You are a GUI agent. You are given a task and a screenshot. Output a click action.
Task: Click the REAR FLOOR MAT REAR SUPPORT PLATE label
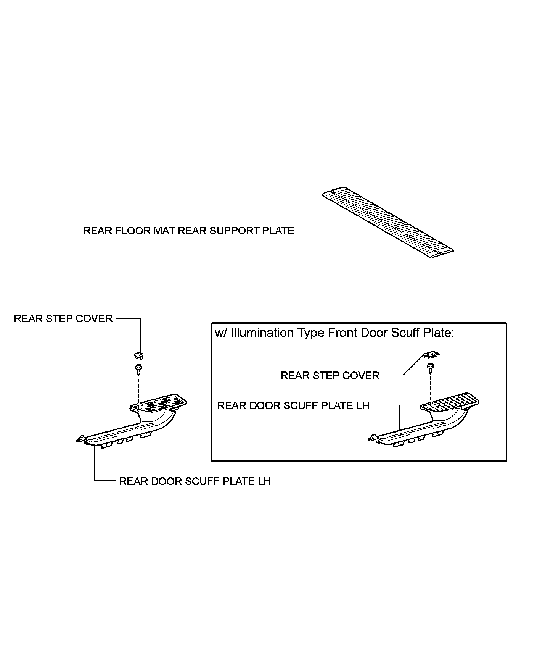pos(188,231)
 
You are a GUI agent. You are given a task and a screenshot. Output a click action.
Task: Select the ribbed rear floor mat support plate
pos(388,224)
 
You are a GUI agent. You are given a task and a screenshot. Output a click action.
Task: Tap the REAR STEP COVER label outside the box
pos(63,319)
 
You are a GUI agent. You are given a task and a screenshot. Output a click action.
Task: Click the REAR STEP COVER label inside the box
pos(330,376)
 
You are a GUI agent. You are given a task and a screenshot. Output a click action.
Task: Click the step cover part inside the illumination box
pos(431,355)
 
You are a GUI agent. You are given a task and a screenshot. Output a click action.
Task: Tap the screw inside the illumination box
pos(430,368)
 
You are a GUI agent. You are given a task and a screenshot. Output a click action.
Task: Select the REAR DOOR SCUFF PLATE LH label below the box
pos(195,481)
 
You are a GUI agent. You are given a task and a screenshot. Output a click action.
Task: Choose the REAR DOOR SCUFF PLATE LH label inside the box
pos(293,405)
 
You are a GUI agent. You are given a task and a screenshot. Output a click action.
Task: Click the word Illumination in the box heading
pos(263,333)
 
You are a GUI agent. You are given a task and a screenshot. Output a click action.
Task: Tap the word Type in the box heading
pos(312,333)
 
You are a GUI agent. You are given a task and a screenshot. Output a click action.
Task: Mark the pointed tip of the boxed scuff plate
pos(371,438)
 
